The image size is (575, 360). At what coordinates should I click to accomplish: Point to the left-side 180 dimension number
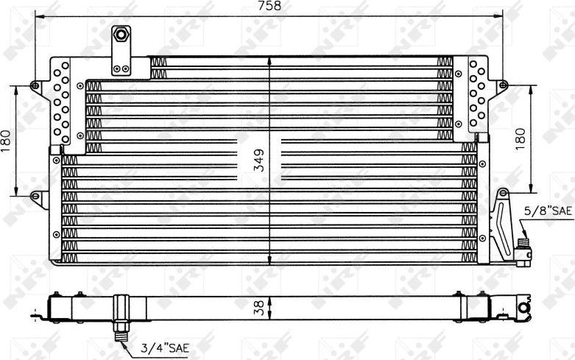coord(7,141)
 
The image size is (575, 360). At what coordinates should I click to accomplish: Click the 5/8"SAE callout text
coord(548,211)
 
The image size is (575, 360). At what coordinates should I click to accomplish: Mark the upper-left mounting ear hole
coord(34,86)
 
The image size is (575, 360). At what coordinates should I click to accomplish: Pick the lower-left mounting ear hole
coord(34,196)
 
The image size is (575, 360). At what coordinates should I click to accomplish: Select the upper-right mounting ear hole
coord(504,86)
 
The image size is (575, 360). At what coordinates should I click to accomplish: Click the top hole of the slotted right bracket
coord(502,194)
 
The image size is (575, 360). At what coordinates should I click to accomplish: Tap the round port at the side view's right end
coord(524,306)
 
